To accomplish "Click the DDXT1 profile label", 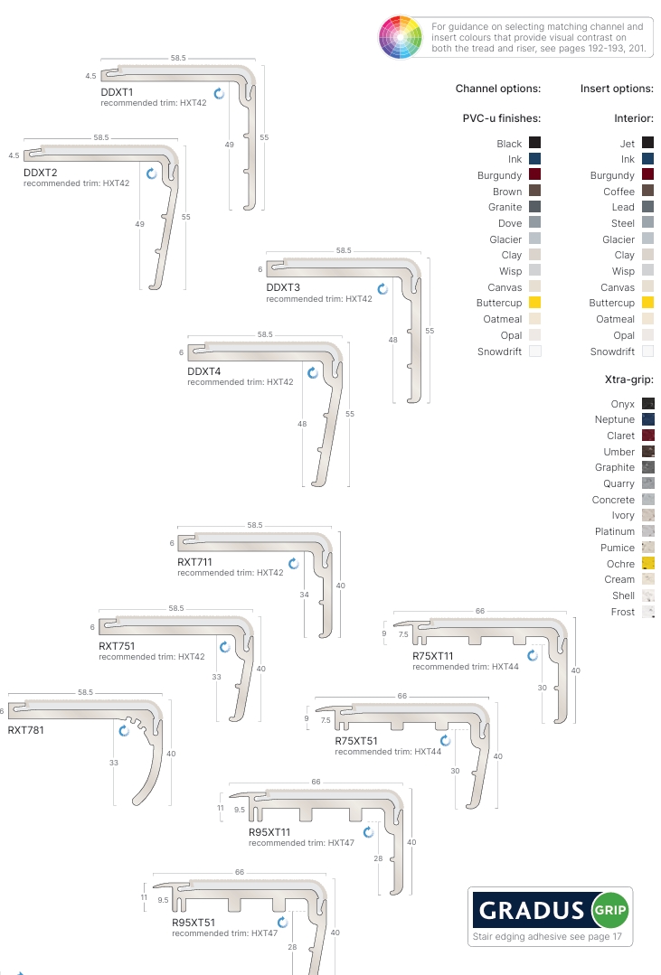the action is tap(117, 92).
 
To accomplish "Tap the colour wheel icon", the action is tap(401, 37).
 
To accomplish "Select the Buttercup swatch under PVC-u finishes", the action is tap(534, 303).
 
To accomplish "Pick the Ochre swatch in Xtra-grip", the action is tap(648, 563).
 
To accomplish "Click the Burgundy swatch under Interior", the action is tap(648, 174).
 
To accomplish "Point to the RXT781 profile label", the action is tap(25, 730).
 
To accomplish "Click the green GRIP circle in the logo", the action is tap(610, 910).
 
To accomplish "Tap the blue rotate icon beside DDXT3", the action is tap(382, 288).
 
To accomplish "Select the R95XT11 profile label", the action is tap(269, 832).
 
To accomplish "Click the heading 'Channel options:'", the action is tap(498, 89).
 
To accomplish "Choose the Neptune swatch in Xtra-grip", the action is tap(648, 419).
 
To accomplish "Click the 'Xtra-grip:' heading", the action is tap(629, 380).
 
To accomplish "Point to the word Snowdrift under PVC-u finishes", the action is tap(499, 352).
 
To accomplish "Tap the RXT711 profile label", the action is tap(194, 561).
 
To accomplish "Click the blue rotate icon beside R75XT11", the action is tap(533, 655).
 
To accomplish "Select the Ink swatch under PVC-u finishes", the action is tap(534, 158).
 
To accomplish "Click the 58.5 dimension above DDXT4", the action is tap(265, 334).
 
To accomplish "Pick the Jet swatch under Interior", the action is tap(648, 143).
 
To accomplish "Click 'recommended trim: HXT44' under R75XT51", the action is tap(389, 752).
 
